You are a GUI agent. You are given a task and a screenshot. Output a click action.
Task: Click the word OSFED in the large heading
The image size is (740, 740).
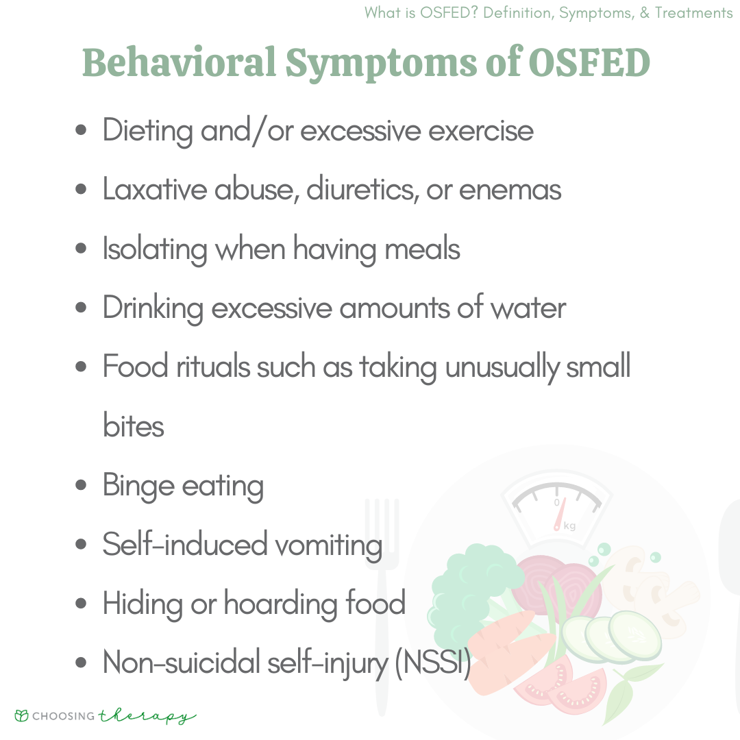point(589,62)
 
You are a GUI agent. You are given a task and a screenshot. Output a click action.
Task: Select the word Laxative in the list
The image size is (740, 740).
point(155,189)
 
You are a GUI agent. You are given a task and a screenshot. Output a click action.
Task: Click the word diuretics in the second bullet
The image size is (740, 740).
point(363,189)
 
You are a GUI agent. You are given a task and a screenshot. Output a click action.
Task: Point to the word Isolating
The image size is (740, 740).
point(155,249)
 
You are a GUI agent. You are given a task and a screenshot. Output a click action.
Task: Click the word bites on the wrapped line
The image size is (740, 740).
point(134,425)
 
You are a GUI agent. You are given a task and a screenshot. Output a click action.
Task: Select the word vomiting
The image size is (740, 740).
point(328,545)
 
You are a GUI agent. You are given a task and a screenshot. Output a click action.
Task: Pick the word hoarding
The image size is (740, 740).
point(281,604)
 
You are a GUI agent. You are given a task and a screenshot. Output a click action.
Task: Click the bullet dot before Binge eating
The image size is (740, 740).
point(81,485)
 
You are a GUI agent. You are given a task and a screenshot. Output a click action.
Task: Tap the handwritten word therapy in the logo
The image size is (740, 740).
point(147,717)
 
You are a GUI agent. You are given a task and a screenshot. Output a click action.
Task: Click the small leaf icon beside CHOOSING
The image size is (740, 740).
point(22,715)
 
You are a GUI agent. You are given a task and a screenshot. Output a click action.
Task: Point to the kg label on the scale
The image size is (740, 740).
point(569,526)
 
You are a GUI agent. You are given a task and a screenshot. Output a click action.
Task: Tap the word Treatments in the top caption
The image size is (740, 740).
point(693,13)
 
